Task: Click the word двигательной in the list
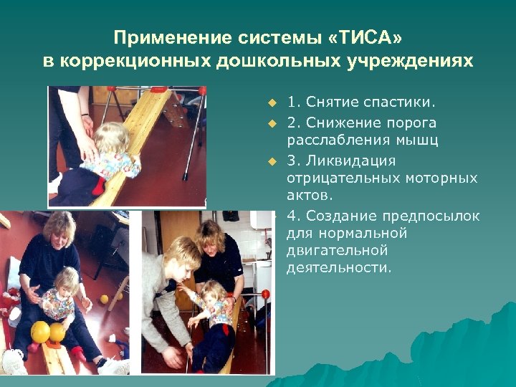tap(337, 251)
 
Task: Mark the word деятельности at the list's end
tap(339, 269)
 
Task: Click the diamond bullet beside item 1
tap(272, 104)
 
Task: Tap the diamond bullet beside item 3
tap(272, 160)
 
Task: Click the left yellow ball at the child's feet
tap(40, 331)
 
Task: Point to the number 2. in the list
tap(292, 123)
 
